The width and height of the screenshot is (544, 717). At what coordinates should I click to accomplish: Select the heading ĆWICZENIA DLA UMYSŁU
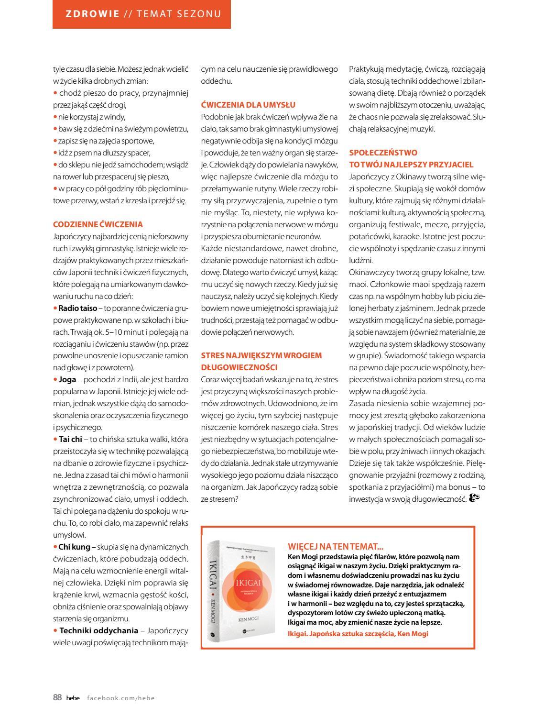[248, 105]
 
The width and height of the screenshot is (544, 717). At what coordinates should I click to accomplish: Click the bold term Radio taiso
[77, 308]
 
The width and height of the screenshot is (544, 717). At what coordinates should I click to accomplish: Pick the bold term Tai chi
[70, 439]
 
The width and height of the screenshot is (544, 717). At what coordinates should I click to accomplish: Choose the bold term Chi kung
[73, 547]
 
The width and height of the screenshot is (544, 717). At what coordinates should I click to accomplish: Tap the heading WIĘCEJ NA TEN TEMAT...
[336, 546]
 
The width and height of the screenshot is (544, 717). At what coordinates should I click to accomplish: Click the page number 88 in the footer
[57, 697]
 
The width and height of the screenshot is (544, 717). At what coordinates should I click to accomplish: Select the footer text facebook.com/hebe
[121, 698]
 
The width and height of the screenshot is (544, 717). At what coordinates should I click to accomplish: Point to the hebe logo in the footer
[73, 698]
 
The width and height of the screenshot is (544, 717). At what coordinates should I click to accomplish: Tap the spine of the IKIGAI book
[214, 593]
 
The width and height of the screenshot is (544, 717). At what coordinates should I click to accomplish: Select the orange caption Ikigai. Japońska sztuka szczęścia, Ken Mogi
[358, 634]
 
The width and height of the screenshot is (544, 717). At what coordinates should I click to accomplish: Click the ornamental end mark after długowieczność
[474, 498]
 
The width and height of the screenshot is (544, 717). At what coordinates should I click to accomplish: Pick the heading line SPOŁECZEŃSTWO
[383, 153]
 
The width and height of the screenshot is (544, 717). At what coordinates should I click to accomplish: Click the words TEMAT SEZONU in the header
[179, 14]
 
